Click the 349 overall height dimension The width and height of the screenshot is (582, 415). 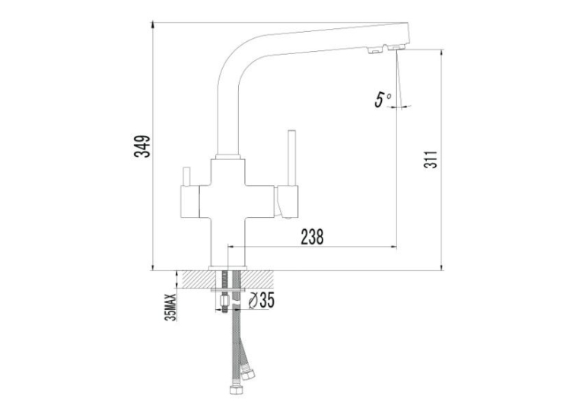coord(142,146)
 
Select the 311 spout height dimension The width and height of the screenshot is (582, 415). coord(431,160)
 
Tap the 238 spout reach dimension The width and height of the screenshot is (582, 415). coord(312,237)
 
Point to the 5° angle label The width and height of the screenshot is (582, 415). coord(383,98)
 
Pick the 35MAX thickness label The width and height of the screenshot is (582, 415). coord(171,308)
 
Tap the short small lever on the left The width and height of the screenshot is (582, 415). coord(186,177)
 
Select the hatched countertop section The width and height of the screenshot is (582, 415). coord(225,279)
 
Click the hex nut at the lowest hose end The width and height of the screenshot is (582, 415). coord(236,390)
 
